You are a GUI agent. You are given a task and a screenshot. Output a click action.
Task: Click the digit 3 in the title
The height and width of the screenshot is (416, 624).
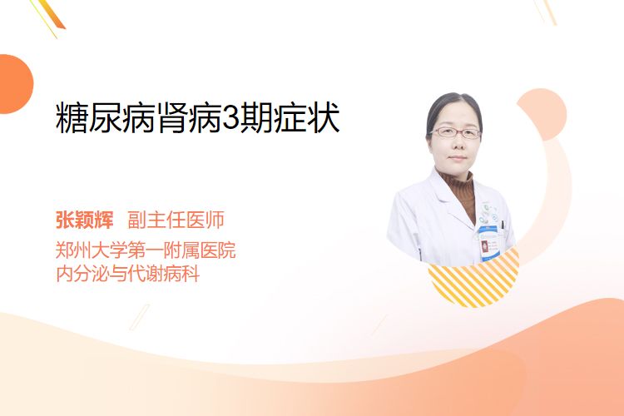[230, 117]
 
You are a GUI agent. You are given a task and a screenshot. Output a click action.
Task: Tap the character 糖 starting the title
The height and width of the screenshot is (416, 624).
[72, 117]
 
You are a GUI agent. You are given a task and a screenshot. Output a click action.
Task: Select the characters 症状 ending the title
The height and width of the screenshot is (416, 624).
[307, 117]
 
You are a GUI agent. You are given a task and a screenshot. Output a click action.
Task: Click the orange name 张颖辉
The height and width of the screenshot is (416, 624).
[85, 220]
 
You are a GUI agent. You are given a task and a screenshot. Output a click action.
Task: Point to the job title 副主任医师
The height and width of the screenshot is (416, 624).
[176, 220]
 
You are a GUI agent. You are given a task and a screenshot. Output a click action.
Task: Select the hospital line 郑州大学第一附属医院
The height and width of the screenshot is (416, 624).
[146, 250]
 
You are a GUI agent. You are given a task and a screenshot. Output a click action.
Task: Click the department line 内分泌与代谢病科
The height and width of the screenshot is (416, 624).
[128, 274]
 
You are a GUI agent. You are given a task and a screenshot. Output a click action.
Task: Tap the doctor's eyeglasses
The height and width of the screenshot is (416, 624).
[456, 132]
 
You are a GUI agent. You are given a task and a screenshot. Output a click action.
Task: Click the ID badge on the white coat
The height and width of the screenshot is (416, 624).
[488, 243]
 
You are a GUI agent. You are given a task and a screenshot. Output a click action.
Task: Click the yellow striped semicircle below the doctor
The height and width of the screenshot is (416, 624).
[473, 280]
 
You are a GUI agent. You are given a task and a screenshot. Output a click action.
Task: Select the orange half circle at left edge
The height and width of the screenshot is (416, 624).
[16, 84]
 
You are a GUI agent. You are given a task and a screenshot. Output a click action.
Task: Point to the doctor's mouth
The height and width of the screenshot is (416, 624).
[457, 158]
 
